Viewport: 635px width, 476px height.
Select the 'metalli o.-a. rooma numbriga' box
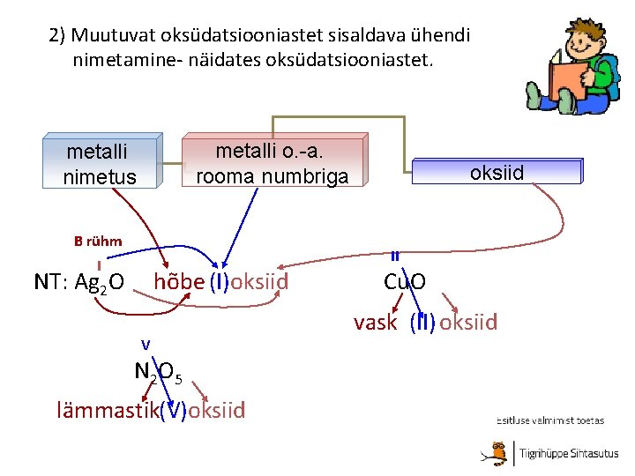pos(272,163)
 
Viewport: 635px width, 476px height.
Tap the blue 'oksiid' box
pos(497,172)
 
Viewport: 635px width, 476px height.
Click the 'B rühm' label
pos(98,241)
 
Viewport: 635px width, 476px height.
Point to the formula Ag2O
pos(100,283)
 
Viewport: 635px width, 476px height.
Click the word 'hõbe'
pos(179,282)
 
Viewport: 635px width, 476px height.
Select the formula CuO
pos(405,282)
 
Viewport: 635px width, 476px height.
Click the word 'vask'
pos(376,323)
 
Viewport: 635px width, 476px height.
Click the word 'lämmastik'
pos(107,410)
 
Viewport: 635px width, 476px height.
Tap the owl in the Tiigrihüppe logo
pos(503,453)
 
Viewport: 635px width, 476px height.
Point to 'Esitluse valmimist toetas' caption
pos(550,421)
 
